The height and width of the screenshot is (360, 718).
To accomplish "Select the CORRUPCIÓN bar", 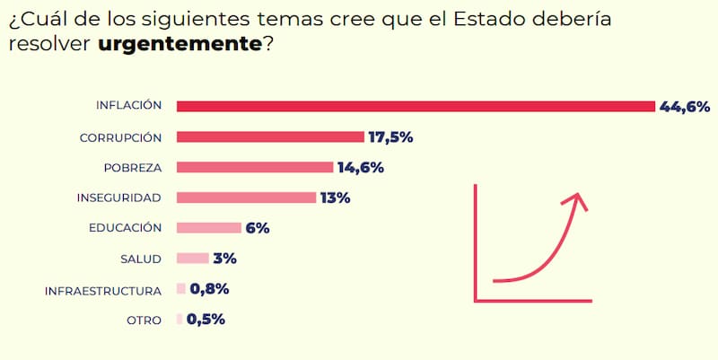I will (270, 137).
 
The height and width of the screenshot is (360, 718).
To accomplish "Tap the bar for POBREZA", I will (255, 167).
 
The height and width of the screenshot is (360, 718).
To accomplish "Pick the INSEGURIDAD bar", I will (246, 198).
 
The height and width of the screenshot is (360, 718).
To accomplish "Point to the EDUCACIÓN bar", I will (209, 228).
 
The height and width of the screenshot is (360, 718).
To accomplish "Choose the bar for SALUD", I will (193, 259).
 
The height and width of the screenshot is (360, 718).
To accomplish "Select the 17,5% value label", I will (390, 137).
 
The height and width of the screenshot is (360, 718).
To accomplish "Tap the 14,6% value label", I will (360, 167).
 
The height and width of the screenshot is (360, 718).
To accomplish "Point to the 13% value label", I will (335, 198).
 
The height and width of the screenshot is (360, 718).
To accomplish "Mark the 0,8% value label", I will (209, 289).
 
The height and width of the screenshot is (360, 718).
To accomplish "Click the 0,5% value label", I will (206, 319).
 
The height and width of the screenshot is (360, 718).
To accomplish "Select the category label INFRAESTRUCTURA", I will (103, 290).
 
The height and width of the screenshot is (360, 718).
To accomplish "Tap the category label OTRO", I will (144, 320).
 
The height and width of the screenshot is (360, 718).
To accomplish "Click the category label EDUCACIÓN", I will (125, 228).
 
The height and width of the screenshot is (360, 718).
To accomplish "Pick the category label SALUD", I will (140, 259).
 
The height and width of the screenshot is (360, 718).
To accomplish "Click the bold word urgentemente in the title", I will (179, 44).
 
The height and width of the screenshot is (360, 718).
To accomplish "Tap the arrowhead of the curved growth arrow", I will (580, 198).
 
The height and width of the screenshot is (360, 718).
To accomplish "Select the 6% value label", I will (258, 228).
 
